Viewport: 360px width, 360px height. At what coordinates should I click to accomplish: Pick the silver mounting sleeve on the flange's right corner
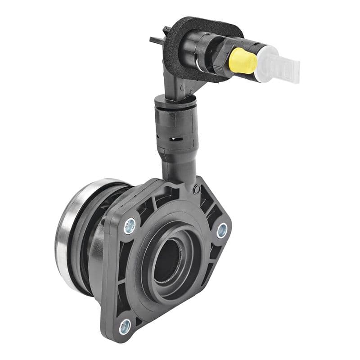[x=221, y=230]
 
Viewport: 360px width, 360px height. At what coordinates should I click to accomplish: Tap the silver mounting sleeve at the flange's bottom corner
[x=125, y=325]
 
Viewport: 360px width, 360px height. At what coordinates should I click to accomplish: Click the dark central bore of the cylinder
[x=167, y=261]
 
